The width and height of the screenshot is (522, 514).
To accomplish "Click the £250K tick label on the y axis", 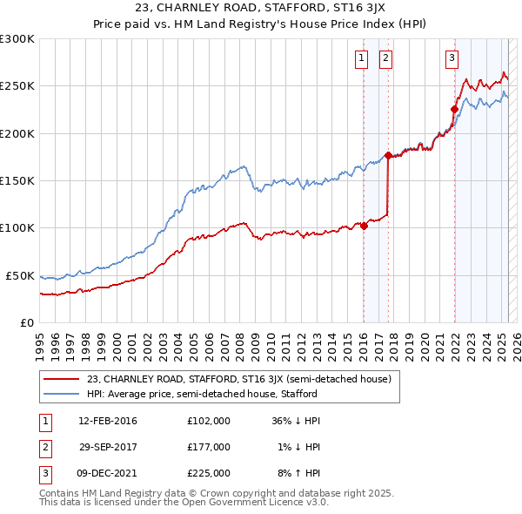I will pyautogui.click(x=17, y=86).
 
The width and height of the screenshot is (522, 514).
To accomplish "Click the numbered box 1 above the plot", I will pyautogui.click(x=361, y=58).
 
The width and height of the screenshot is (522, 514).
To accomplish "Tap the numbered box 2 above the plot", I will pyautogui.click(x=385, y=58).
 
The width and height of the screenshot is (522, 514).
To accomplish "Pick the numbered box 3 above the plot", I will pyautogui.click(x=452, y=58).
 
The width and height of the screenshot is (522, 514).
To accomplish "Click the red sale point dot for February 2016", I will pyautogui.click(x=364, y=227).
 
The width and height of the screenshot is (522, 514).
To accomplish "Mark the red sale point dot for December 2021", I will pyautogui.click(x=454, y=110).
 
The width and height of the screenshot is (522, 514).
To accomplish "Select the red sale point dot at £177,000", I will pyautogui.click(x=388, y=155).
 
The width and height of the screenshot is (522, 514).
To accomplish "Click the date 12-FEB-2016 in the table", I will pyautogui.click(x=108, y=421).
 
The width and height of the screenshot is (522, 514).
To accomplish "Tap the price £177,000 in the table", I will pyautogui.click(x=209, y=447).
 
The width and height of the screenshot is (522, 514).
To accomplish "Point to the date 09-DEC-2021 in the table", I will pyautogui.click(x=108, y=473).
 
